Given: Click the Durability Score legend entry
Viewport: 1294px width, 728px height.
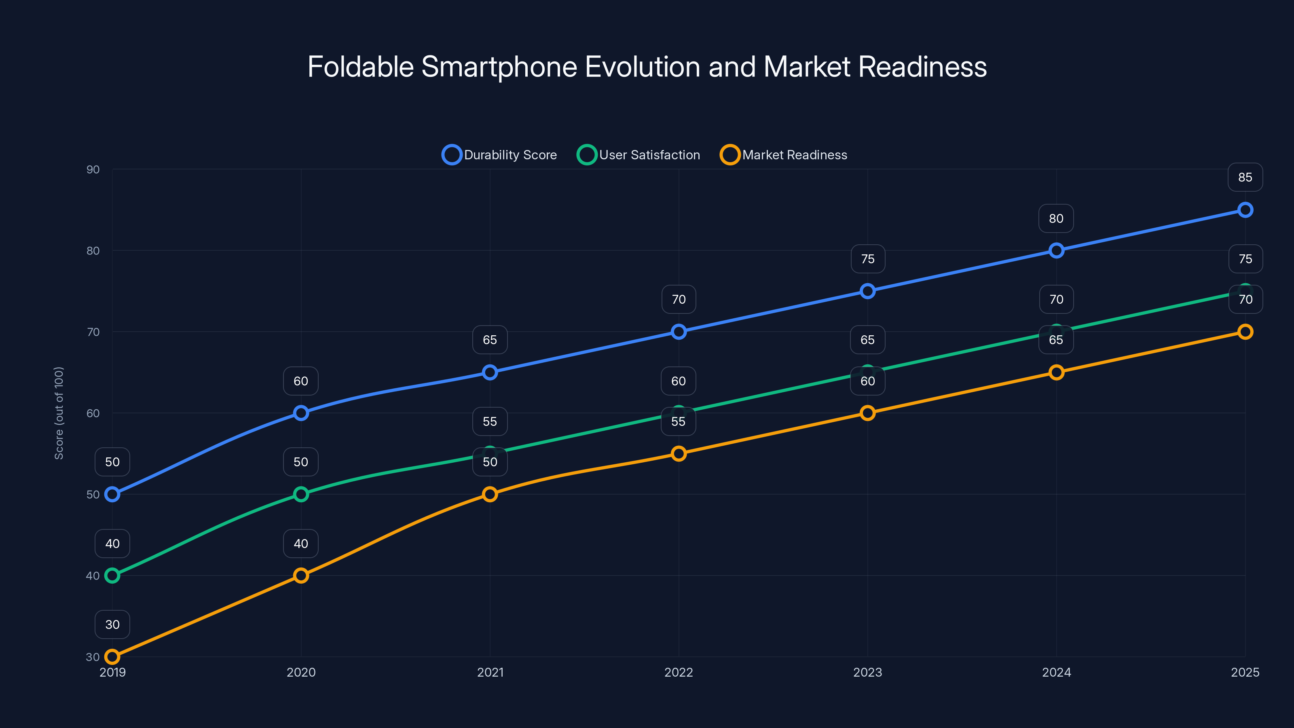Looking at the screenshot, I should click(500, 155).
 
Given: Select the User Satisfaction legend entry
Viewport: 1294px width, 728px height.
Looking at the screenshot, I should click(639, 155).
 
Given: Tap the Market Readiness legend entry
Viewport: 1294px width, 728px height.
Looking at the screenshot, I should click(784, 155).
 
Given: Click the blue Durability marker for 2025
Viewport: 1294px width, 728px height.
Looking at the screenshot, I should click(1245, 210).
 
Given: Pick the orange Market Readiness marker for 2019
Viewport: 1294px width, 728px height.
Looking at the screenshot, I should click(112, 657).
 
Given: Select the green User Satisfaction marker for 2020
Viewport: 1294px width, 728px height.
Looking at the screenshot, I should click(301, 494).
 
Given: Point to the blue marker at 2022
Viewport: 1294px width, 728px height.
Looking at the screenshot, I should click(679, 332).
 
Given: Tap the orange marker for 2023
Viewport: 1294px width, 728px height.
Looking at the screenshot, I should click(867, 413).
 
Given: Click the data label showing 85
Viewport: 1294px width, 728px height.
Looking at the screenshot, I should click(1245, 178).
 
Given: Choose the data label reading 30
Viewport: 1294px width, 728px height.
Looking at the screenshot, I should click(112, 624).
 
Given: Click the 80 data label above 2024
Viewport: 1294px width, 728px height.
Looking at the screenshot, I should click(1056, 218).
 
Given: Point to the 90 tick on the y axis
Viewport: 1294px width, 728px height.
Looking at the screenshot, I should click(93, 169).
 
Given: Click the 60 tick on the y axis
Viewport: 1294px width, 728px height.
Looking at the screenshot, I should click(93, 413).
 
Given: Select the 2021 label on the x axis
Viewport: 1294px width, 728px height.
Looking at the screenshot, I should click(490, 672).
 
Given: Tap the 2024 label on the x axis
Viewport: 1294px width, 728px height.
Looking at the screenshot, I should click(1056, 672).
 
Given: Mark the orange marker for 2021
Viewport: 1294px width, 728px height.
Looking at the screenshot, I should click(490, 494).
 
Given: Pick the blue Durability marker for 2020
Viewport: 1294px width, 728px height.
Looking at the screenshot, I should click(301, 413).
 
